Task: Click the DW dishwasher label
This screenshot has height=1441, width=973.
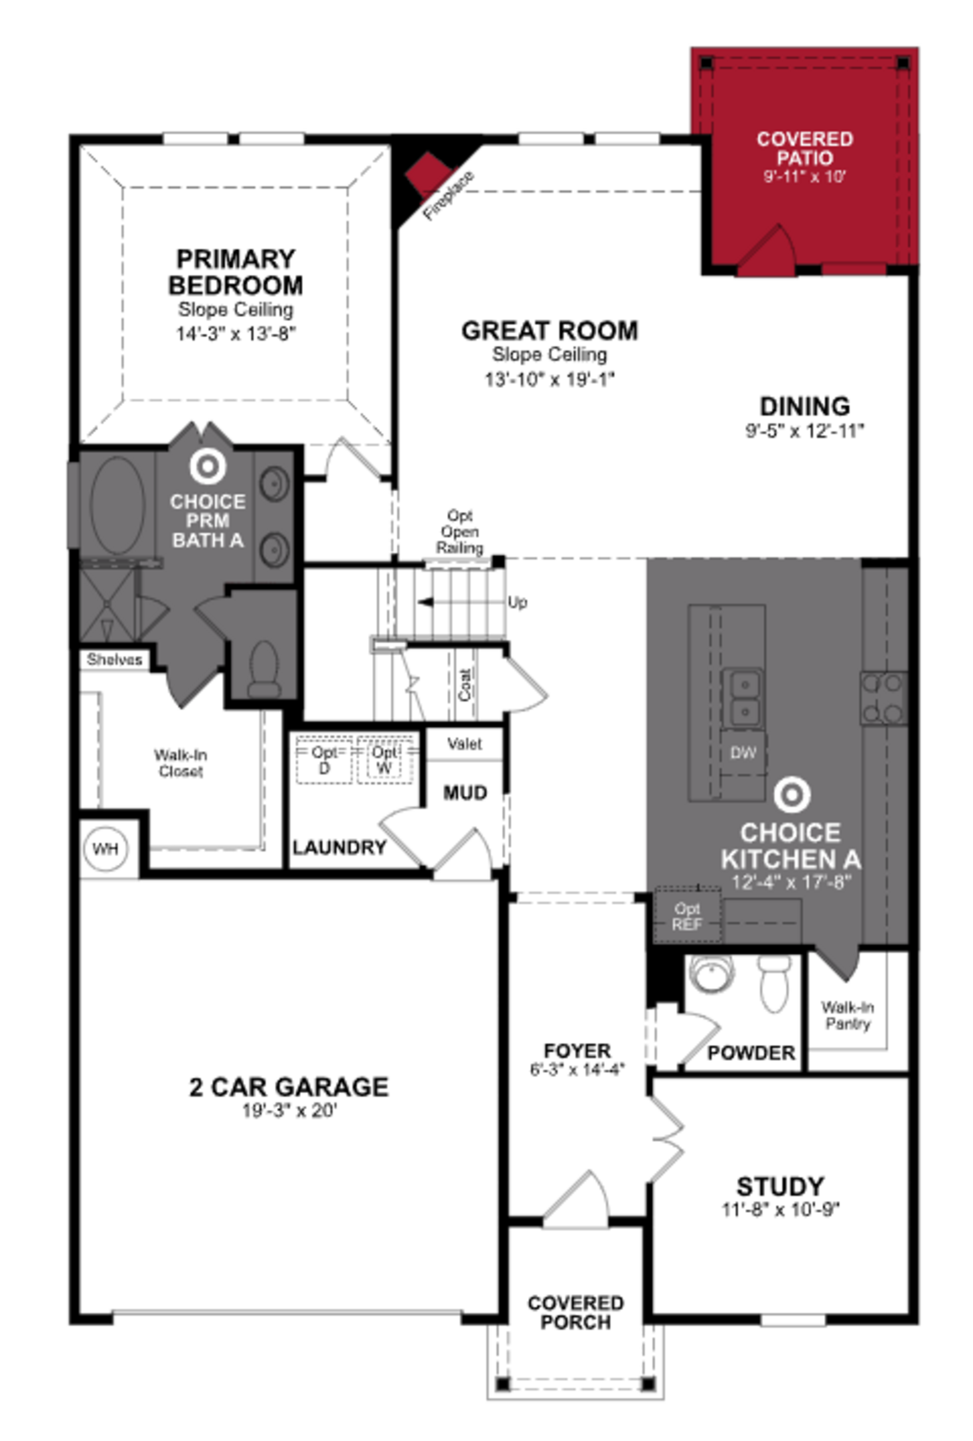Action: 742,753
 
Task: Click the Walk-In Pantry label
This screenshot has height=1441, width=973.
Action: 847,1015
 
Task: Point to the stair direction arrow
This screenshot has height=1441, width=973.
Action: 428,601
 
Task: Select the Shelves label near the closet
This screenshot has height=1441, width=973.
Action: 114,659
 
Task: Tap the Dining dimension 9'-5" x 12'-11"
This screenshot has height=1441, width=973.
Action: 804,430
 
